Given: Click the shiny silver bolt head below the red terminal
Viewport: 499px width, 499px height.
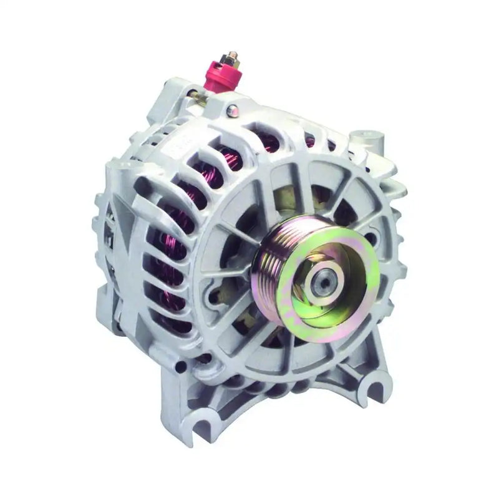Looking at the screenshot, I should [249, 110].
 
